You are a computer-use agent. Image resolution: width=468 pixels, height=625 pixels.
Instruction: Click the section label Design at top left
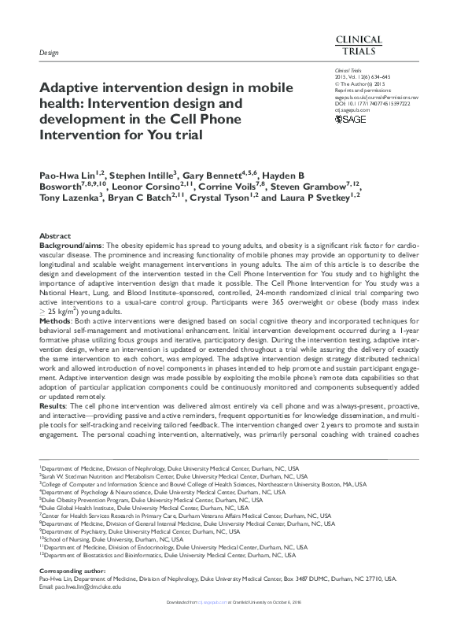coord(50,51)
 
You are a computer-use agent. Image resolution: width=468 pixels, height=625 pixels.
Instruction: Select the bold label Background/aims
coord(71,246)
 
